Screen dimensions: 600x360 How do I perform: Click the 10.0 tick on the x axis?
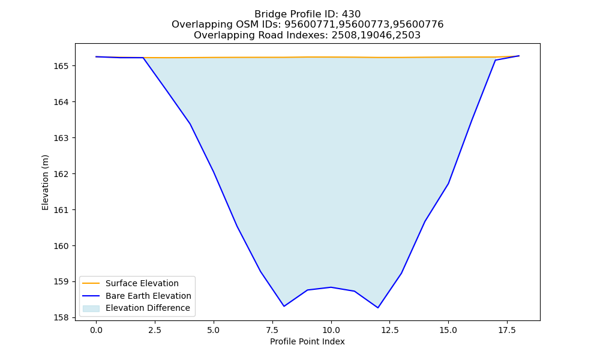[331, 330]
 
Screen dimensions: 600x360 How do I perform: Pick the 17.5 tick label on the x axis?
[507, 330]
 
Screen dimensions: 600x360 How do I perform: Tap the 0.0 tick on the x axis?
[96, 330]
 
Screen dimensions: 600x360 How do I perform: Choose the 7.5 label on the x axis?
[272, 330]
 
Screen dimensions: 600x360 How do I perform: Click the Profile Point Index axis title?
[307, 341]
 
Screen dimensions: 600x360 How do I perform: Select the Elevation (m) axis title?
[46, 182]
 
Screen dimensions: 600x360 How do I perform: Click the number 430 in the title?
[351, 14]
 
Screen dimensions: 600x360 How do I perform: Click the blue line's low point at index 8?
[284, 306]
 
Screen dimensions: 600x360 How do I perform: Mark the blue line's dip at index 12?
[377, 308]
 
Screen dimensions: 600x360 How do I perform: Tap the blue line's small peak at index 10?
[331, 287]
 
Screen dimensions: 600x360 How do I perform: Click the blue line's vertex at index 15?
[448, 184]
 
